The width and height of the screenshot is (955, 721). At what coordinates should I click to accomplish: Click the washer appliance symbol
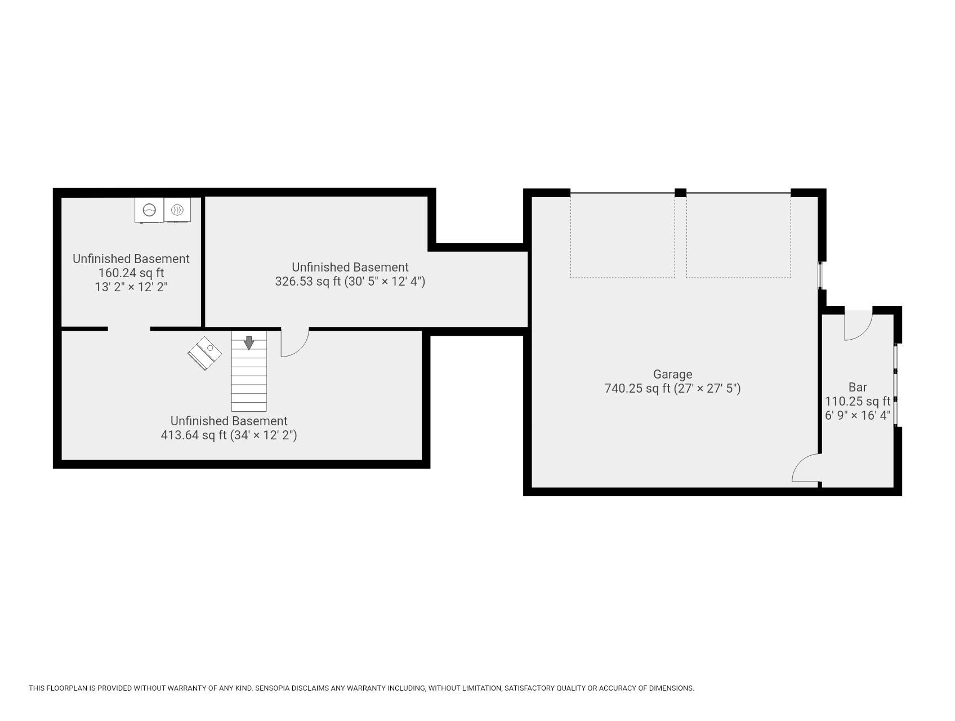click(149, 210)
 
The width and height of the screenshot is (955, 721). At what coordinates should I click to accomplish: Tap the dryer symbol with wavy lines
click(177, 210)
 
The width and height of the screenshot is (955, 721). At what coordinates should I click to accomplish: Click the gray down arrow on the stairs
click(248, 342)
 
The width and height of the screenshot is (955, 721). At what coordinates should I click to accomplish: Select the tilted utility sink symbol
click(204, 353)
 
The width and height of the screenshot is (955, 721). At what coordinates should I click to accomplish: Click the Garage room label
click(672, 374)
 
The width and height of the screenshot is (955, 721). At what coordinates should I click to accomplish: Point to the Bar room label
click(857, 387)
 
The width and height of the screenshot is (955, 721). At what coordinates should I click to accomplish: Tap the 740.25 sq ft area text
click(638, 388)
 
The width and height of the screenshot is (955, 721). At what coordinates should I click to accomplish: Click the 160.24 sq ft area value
click(131, 273)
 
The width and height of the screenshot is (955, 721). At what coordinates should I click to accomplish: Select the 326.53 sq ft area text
click(308, 281)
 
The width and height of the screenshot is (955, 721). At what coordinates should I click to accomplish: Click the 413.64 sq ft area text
click(194, 435)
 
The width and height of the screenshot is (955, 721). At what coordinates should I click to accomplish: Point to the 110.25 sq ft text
click(857, 401)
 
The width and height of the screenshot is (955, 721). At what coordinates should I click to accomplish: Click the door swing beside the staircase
click(294, 342)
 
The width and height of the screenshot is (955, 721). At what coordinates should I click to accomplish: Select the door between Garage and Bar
click(806, 469)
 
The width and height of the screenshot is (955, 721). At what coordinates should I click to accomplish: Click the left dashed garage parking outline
click(622, 235)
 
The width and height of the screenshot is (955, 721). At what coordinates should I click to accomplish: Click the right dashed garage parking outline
click(738, 235)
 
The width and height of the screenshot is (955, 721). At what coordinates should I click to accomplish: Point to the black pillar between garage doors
click(680, 193)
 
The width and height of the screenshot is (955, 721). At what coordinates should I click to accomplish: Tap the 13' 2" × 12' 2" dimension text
click(131, 287)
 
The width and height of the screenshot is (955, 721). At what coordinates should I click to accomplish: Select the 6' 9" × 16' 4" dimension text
click(857, 415)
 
